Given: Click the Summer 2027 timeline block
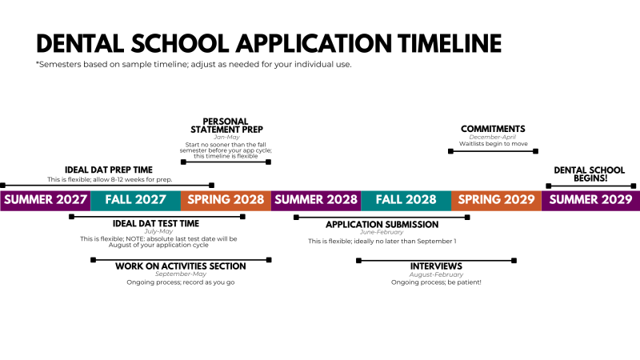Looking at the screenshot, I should tap(45, 200).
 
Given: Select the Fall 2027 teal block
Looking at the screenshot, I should tap(135, 200).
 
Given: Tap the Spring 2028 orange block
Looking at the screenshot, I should tap(226, 200).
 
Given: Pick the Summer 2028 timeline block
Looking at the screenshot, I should tap(316, 200).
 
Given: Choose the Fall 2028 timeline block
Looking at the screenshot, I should tap(406, 200).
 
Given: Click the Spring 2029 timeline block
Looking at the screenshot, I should tap(496, 200).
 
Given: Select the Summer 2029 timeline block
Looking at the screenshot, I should tap(590, 200).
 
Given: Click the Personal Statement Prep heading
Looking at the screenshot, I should tap(226, 125).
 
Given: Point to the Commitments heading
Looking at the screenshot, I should tap(493, 129).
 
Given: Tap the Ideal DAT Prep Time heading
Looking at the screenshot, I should tap(109, 170).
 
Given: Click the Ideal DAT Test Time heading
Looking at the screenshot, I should tap(156, 224).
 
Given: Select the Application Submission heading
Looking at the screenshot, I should tap(382, 225).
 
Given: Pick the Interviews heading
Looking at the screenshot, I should tap(436, 266).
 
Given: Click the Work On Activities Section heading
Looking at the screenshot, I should tap(180, 266).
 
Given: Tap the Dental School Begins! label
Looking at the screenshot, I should tap(590, 174).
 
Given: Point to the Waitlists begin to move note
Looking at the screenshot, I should tap(493, 144).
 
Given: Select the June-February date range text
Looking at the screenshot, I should tap(382, 233).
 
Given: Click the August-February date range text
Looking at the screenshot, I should tap(436, 274).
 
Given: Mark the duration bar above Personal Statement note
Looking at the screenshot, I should tap(226, 162).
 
